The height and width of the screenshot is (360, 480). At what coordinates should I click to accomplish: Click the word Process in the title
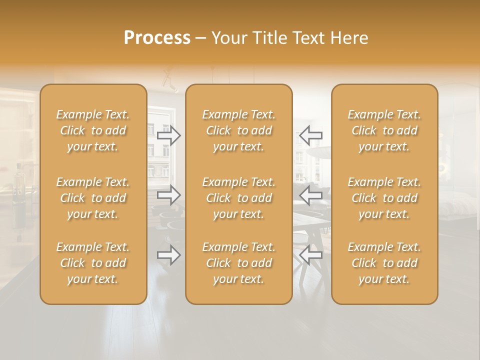(157, 38)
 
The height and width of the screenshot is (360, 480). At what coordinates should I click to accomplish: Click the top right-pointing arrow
(169, 135)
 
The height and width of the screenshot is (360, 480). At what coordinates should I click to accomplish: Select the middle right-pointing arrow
(169, 195)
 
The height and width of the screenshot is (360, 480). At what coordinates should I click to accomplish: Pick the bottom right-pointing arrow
(169, 255)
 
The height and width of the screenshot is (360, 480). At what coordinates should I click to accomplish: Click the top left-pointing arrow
(310, 135)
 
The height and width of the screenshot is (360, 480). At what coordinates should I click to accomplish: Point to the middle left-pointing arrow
(310, 195)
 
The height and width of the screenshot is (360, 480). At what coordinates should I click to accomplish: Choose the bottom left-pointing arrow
(310, 255)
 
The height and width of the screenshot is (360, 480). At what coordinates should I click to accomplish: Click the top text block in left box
(93, 130)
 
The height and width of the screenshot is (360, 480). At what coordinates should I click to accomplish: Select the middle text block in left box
(93, 198)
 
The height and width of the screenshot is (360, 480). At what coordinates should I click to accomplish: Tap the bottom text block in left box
(93, 263)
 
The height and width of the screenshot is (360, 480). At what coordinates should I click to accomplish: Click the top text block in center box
(239, 130)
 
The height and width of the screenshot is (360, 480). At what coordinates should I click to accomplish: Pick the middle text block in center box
(239, 198)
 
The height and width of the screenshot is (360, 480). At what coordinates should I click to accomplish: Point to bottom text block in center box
(239, 263)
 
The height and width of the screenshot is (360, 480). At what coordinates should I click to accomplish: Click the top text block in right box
(384, 130)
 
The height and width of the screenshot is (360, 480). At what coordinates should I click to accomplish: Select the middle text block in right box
(384, 198)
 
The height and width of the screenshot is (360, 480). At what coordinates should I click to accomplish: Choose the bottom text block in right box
(384, 263)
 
